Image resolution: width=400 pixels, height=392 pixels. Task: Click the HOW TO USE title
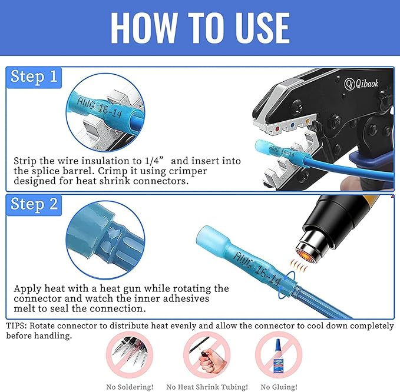[200, 28]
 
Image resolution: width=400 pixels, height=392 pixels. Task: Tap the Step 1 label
[35, 78]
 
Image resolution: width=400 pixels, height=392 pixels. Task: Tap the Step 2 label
[35, 204]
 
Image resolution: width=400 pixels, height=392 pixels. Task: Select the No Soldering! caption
[129, 387]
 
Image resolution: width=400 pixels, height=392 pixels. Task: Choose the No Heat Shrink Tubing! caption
[207, 387]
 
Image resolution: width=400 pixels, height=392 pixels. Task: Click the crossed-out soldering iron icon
[129, 356]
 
